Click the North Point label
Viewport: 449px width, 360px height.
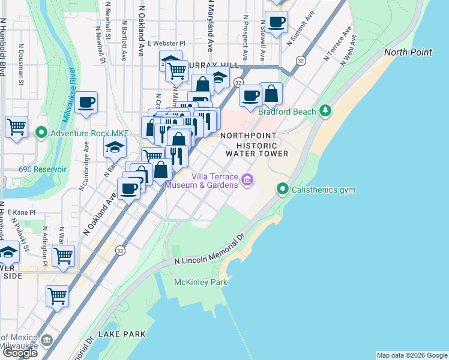408,52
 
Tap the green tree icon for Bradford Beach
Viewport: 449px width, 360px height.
325,110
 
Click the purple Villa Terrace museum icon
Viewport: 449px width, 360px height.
246,179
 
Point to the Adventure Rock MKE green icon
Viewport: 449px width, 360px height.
41,133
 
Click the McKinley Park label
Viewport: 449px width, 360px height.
200,282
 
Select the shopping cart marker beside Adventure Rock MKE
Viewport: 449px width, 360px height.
16,127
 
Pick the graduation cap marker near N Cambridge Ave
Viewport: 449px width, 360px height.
115,146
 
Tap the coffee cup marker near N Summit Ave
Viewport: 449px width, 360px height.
276,23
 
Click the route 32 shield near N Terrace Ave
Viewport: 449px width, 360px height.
301,61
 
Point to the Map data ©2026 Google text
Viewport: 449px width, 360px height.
411,355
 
